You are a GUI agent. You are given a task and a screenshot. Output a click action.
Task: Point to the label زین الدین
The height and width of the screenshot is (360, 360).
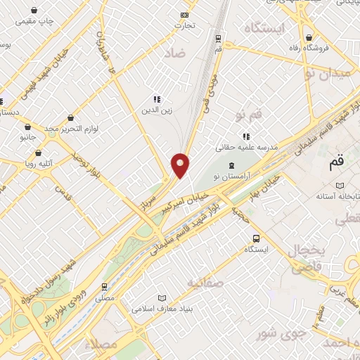tap(157, 110)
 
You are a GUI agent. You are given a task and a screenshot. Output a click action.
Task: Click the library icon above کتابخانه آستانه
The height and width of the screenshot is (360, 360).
tap(340, 184)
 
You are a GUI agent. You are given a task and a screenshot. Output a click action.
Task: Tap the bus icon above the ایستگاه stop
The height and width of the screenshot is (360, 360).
tap(256, 238)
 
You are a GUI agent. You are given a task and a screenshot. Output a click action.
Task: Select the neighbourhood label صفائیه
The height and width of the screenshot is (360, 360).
tap(205, 283)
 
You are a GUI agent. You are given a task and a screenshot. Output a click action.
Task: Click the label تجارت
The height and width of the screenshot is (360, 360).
tap(185, 25)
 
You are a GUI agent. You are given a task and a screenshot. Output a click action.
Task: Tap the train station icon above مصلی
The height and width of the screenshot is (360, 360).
tap(105, 286)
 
